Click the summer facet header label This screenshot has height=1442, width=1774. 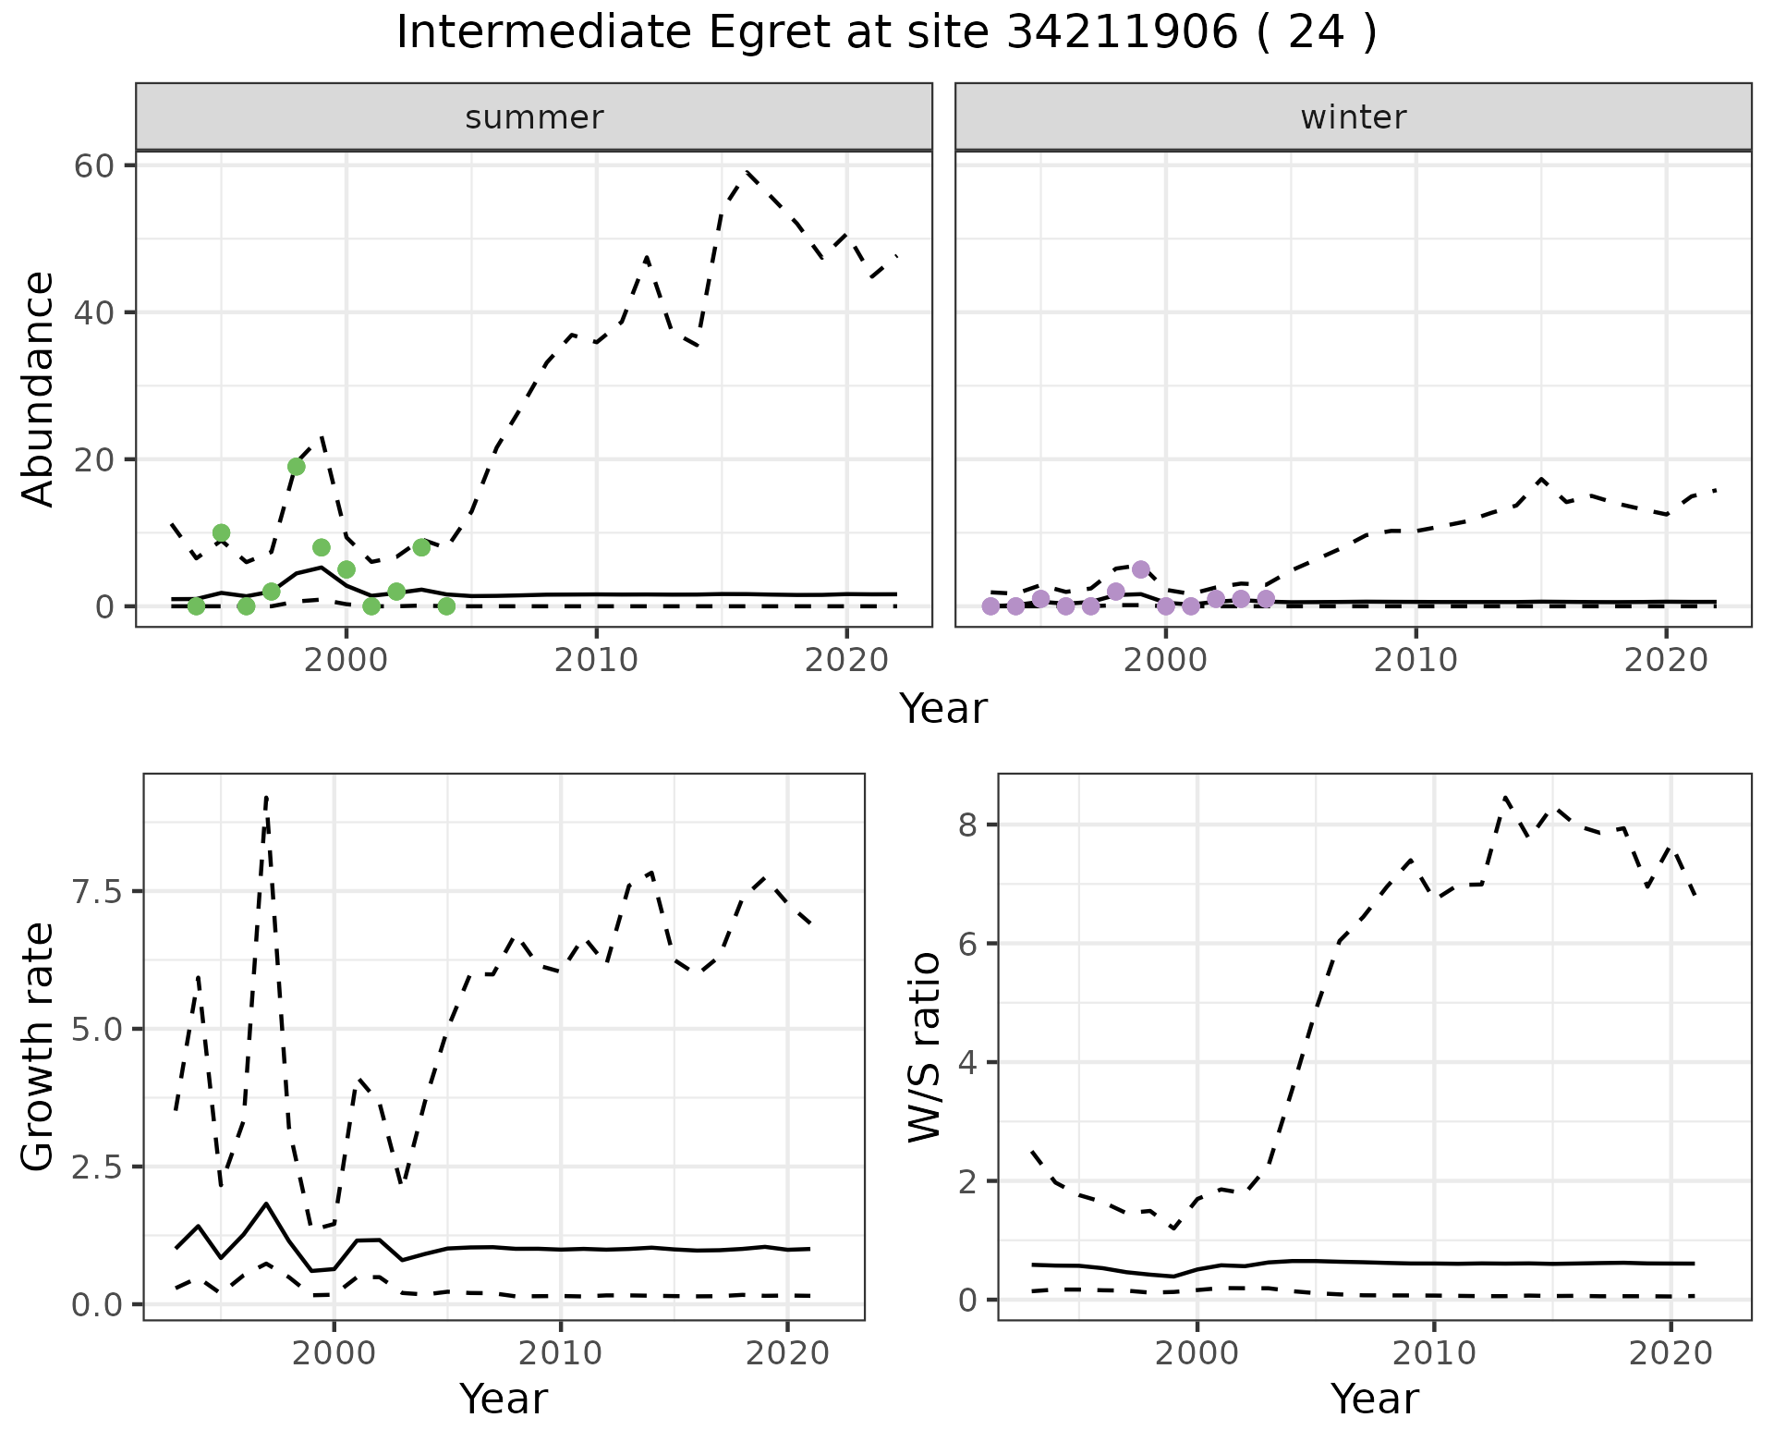click(534, 117)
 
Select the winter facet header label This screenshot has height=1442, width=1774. click(1353, 117)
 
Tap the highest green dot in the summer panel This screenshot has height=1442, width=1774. click(297, 467)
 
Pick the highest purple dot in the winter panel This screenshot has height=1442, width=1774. click(1141, 569)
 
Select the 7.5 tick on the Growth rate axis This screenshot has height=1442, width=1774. click(97, 891)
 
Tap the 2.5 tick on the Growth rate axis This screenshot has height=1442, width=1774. click(97, 1167)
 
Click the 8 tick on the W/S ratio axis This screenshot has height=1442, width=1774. click(967, 825)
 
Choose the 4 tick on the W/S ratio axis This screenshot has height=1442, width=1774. click(967, 1062)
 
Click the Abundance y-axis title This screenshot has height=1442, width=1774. click(39, 388)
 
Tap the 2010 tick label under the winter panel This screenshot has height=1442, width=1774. click(1416, 660)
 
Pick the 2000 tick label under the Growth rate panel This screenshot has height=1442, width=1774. click(334, 1353)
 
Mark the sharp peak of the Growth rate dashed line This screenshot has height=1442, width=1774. click(266, 796)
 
